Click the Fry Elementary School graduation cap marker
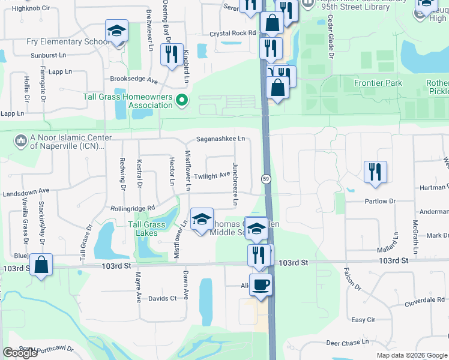116,31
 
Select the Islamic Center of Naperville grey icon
21,140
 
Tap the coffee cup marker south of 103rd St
261,284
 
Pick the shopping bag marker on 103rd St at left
41,264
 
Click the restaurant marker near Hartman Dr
375,171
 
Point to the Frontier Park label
378,83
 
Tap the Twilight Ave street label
211,176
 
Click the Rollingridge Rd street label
133,208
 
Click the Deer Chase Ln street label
348,343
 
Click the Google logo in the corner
20,353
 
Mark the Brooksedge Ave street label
133,79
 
